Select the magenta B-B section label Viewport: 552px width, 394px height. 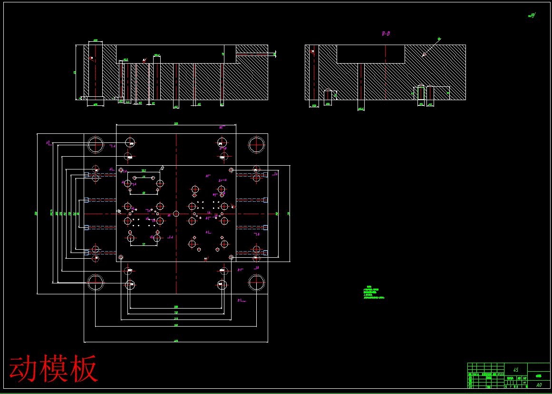(x=386, y=34)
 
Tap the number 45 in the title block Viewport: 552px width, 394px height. (x=516, y=369)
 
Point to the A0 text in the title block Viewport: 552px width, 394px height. (x=539, y=385)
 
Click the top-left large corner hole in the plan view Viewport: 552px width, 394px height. (x=96, y=144)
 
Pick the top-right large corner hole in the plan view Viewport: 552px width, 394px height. (x=256, y=144)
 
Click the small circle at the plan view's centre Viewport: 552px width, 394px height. (x=176, y=214)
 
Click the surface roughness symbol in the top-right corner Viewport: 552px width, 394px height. (x=532, y=15)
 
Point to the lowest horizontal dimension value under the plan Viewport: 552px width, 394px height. (x=176, y=340)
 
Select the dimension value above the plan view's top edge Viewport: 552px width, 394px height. (x=176, y=123)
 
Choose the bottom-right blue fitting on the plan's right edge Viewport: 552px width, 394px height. (x=265, y=253)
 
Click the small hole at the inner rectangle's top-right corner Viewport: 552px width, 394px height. (x=231, y=170)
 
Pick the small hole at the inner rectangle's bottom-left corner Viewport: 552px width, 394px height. (x=121, y=257)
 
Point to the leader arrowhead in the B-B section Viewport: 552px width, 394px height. (x=423, y=56)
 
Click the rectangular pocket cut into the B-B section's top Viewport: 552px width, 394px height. (x=371, y=54)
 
